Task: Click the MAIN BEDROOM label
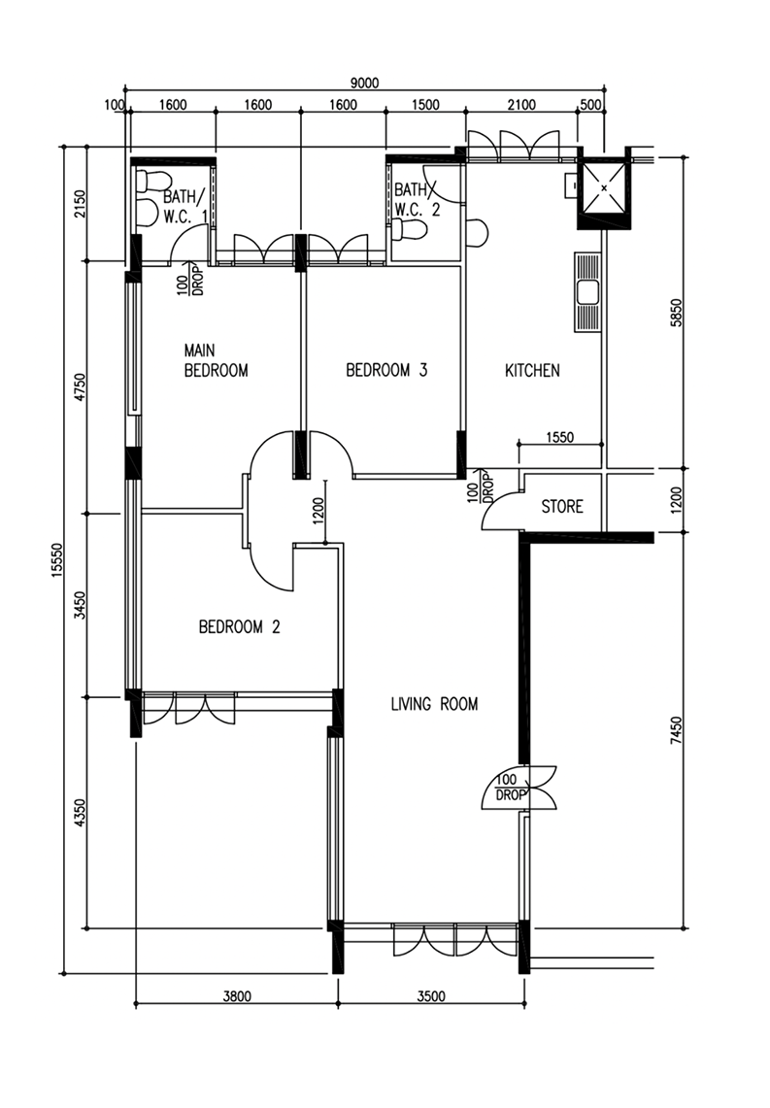click(216, 359)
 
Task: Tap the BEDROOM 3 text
click(386, 370)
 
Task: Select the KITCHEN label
click(532, 370)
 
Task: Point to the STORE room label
click(561, 506)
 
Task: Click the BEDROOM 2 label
click(239, 627)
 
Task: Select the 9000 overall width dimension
click(363, 84)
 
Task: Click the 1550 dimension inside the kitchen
click(560, 437)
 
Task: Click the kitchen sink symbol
click(586, 291)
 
